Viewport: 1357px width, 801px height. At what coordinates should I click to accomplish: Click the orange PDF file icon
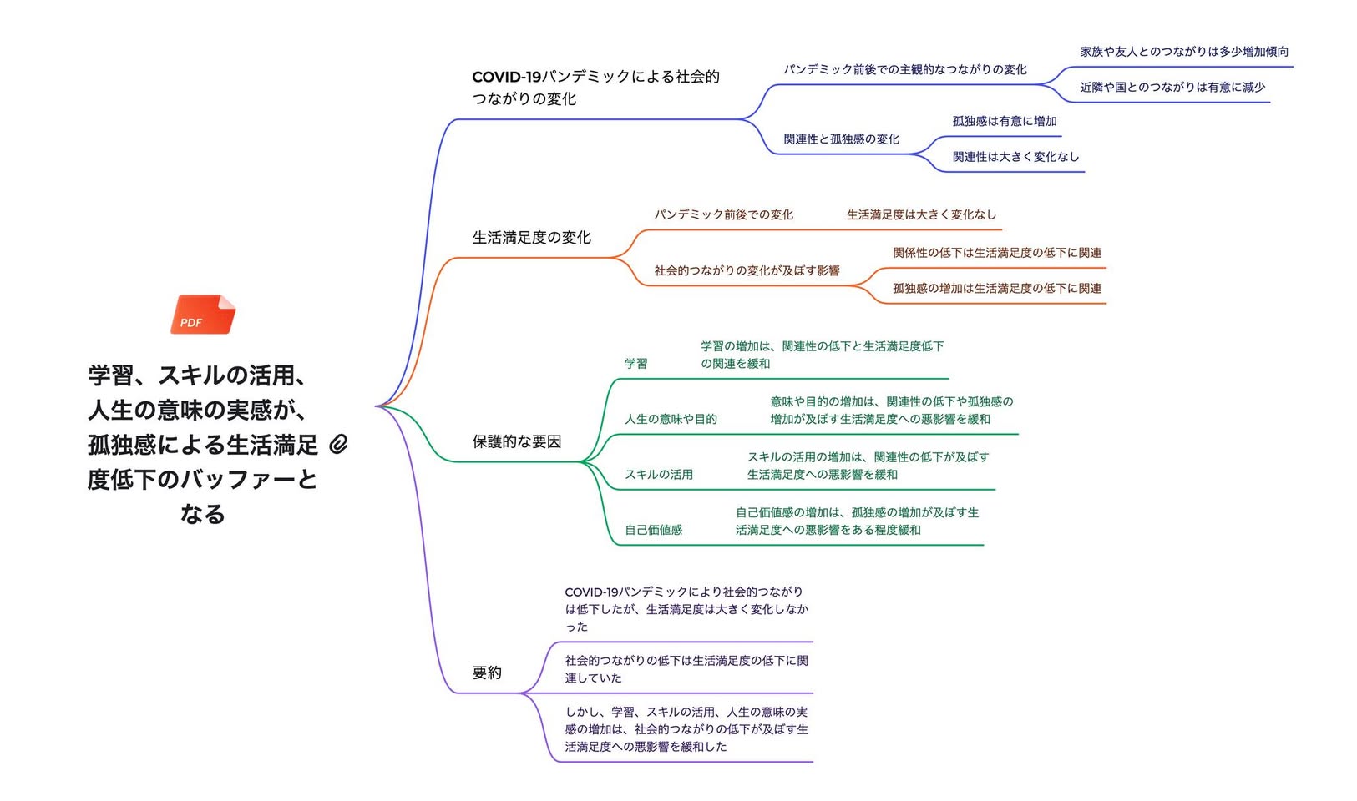203,315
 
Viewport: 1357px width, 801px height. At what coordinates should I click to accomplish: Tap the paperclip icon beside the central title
339,445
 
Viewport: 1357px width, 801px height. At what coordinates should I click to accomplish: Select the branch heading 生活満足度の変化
531,237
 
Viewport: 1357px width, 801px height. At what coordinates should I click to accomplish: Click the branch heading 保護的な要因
517,441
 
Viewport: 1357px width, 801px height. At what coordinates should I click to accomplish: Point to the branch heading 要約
487,673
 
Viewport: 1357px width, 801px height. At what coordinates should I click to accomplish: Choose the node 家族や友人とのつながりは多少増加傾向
1184,52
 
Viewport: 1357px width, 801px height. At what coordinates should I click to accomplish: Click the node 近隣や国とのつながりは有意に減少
1172,87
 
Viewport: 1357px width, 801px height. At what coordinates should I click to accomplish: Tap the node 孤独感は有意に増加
1005,121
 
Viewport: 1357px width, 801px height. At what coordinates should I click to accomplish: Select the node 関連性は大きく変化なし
1016,157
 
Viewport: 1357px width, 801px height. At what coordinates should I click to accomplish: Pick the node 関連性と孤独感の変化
842,139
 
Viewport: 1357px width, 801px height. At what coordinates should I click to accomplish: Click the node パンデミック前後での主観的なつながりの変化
905,69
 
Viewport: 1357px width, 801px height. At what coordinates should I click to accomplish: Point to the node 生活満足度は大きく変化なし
921,214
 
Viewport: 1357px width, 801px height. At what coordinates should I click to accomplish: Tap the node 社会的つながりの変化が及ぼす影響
747,270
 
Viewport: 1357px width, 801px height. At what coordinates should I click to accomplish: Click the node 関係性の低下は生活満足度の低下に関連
997,253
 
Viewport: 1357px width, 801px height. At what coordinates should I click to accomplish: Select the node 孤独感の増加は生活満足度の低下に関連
997,288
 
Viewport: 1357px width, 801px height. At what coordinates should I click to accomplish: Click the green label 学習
636,363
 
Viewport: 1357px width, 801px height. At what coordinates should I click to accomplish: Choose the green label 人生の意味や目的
671,419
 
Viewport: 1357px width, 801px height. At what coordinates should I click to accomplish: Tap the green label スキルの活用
659,475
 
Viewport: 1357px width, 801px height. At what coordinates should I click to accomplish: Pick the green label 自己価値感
654,530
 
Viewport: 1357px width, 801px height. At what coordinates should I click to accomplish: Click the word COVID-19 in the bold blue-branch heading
506,77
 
